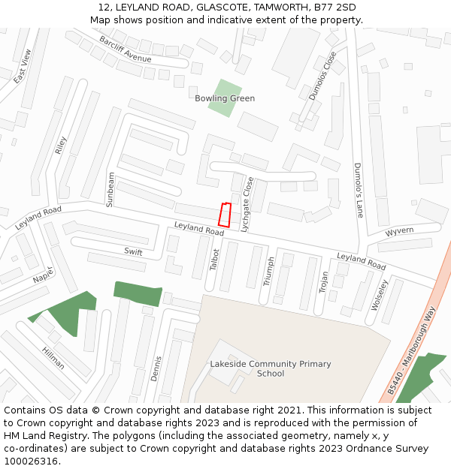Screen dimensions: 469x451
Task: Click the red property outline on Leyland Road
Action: [x=223, y=215]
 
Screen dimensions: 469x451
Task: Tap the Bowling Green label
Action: [x=225, y=98]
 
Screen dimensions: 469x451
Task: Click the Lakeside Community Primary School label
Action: [x=271, y=368]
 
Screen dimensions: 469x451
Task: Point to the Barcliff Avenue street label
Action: [x=125, y=49]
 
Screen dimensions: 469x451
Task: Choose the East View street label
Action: [x=23, y=66]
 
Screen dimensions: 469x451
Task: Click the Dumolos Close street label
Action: [x=322, y=76]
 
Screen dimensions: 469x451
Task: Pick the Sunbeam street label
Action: [x=111, y=189]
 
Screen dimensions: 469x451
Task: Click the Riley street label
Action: [x=61, y=145]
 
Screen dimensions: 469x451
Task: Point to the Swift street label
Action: [x=133, y=252]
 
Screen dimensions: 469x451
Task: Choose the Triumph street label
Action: [x=269, y=272]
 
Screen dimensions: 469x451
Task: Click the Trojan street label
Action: [x=324, y=283]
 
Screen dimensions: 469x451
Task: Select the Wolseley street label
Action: [x=379, y=294]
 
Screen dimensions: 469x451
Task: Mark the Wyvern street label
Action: [x=399, y=231]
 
